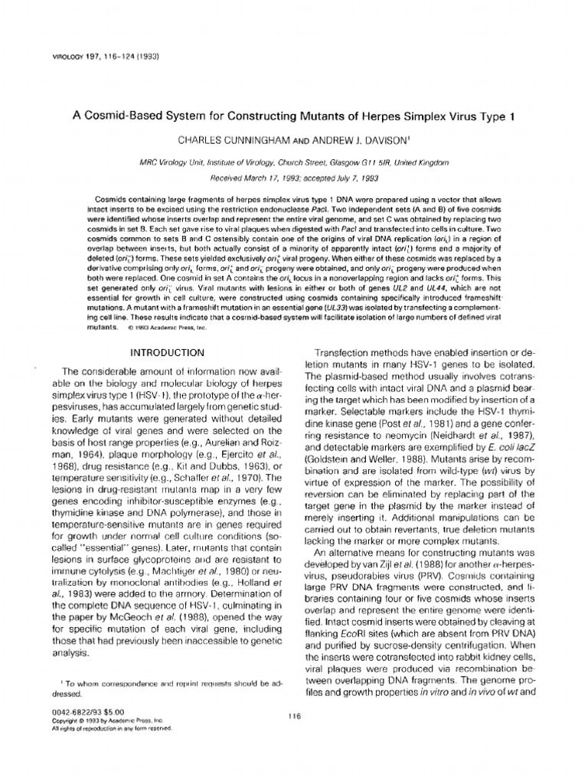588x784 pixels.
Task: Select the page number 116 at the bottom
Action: [294, 715]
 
